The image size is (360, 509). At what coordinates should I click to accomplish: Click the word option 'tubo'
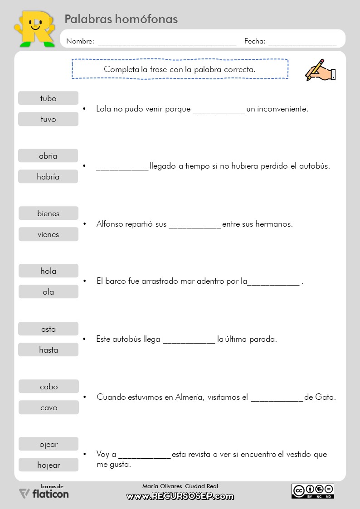pyautogui.click(x=48, y=98)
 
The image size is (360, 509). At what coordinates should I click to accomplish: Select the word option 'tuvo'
pyautogui.click(x=48, y=119)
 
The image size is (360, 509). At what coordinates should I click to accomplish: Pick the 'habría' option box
pyautogui.click(x=48, y=177)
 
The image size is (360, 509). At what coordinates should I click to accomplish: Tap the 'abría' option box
pyautogui.click(x=48, y=156)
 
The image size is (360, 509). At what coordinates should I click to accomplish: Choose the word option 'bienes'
pyautogui.click(x=48, y=213)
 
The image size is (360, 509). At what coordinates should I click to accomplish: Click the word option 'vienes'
pyautogui.click(x=48, y=234)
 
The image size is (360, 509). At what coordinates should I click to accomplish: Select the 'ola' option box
pyautogui.click(x=48, y=292)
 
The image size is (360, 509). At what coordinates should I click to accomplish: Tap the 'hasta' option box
pyautogui.click(x=48, y=350)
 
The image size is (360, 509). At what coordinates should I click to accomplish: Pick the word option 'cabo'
pyautogui.click(x=49, y=387)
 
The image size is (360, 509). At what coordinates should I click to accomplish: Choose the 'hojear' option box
pyautogui.click(x=49, y=465)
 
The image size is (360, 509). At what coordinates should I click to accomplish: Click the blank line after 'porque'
pyautogui.click(x=219, y=111)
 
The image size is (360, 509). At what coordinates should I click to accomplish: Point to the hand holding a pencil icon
pyautogui.click(x=320, y=70)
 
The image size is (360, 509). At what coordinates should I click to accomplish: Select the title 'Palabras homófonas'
pyautogui.click(x=121, y=19)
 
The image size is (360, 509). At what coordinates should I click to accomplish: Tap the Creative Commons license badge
pyautogui.click(x=312, y=491)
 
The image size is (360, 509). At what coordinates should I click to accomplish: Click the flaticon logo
pyautogui.click(x=44, y=493)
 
